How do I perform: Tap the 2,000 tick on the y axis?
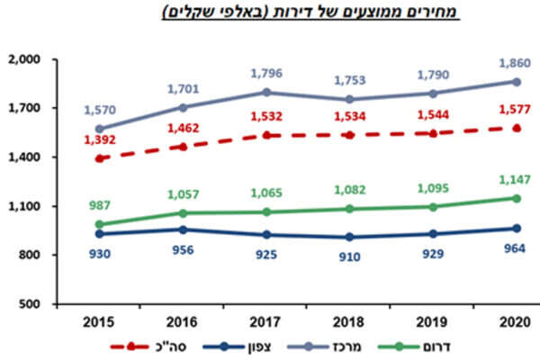[x=29, y=59]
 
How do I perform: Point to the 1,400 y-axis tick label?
[x=29, y=157]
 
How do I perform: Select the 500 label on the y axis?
[x=36, y=304]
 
